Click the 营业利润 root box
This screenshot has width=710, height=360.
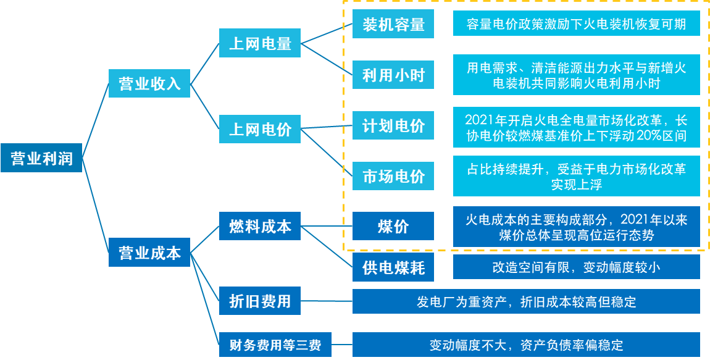click(x=41, y=159)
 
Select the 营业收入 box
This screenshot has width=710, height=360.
click(x=149, y=83)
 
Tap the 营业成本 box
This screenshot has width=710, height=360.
click(x=149, y=253)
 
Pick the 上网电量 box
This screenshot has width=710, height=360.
click(x=260, y=43)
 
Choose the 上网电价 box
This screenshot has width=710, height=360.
click(x=260, y=130)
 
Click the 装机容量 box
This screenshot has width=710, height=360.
click(x=393, y=25)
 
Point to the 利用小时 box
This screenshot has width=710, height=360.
click(x=393, y=75)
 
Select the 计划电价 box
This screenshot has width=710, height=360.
click(x=393, y=126)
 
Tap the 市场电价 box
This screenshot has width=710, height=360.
click(x=393, y=177)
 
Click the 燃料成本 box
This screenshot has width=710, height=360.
click(x=260, y=226)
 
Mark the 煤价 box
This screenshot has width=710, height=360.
click(x=393, y=226)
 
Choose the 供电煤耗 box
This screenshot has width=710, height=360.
click(x=393, y=267)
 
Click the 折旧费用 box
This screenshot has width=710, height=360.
click(x=260, y=301)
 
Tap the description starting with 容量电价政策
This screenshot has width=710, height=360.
click(x=576, y=25)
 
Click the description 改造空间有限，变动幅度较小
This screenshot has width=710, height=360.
click(x=576, y=267)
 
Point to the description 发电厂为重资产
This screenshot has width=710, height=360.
click(x=526, y=301)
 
